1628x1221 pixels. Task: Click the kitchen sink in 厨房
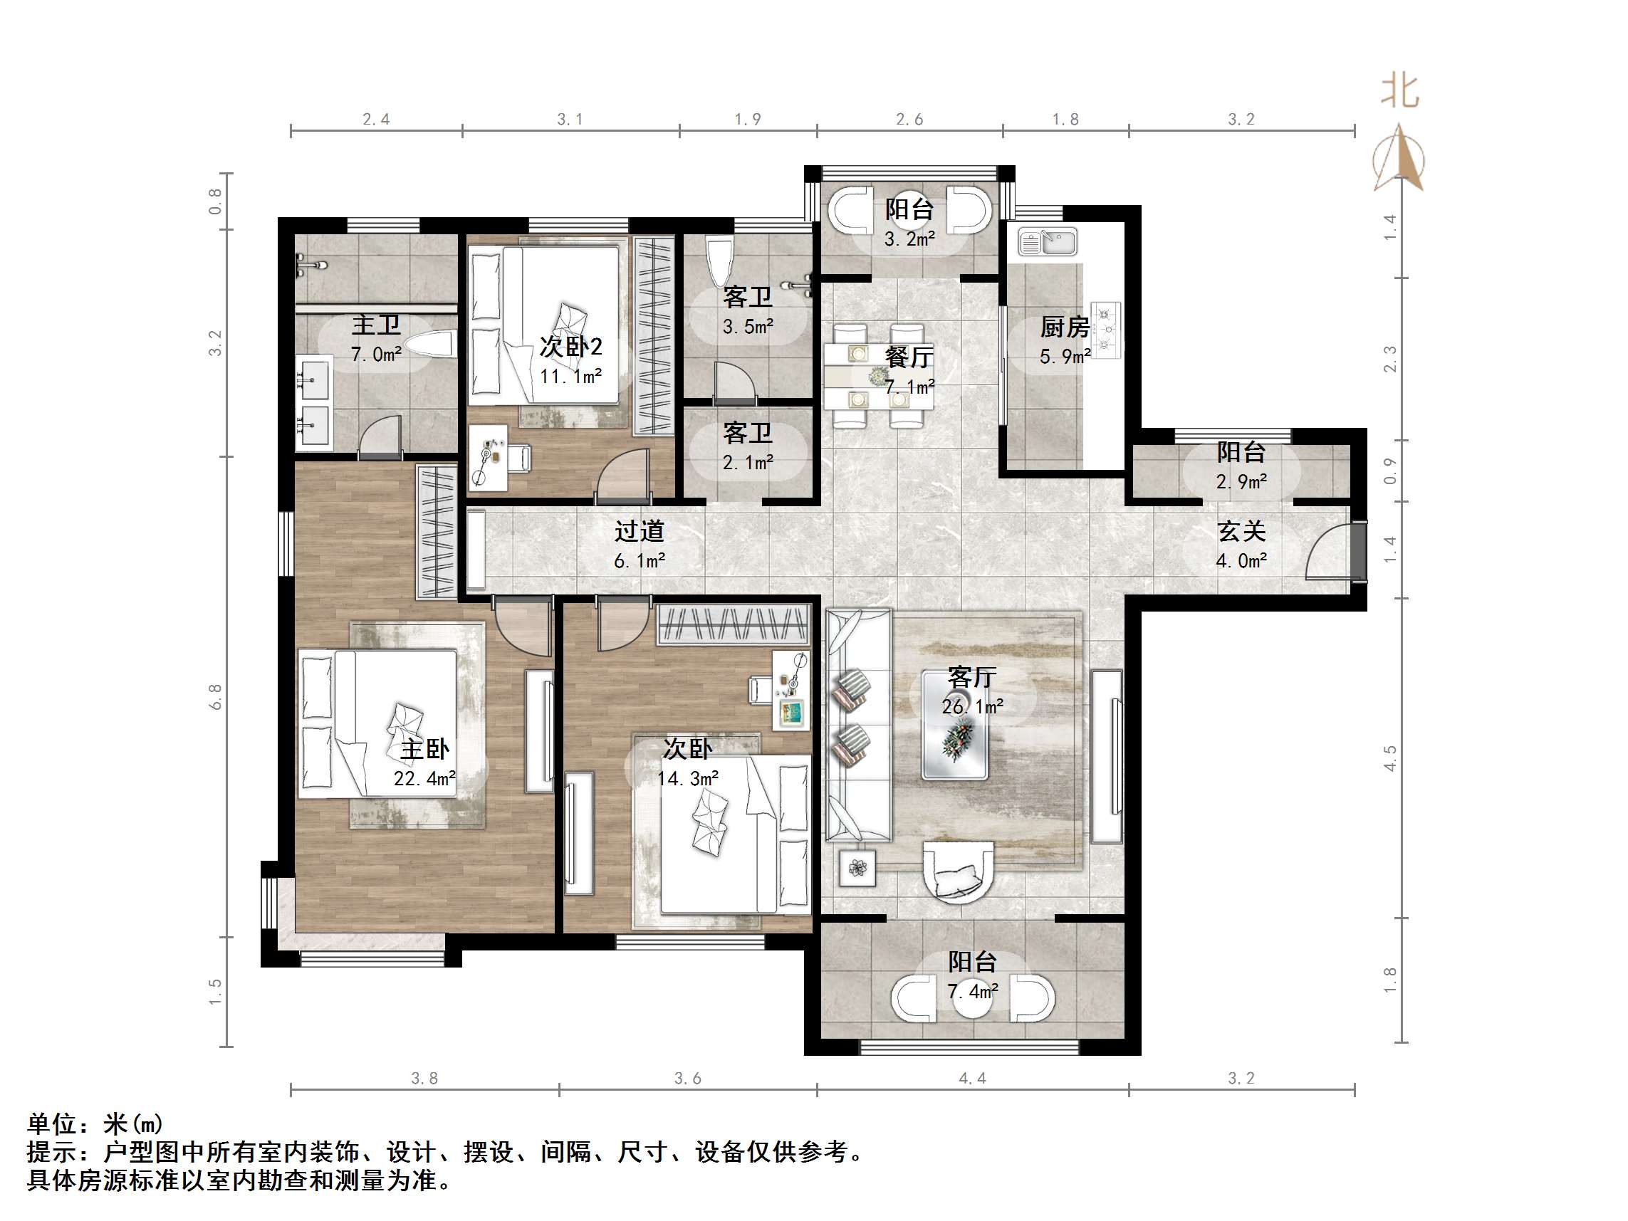click(x=1048, y=241)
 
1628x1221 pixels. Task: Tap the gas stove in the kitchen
click(x=1105, y=329)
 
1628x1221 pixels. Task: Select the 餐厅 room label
click(x=909, y=357)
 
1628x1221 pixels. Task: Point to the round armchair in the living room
click(x=958, y=873)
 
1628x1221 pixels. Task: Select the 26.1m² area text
click(x=972, y=706)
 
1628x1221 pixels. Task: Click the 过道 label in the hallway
click(x=639, y=530)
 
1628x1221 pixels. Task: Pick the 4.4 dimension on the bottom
click(x=972, y=1078)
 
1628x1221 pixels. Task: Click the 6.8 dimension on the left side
click(x=215, y=696)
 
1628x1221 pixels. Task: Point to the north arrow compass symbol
click(x=1399, y=158)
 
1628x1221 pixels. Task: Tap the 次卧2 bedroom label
click(x=570, y=346)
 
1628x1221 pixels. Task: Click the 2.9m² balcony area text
click(x=1241, y=481)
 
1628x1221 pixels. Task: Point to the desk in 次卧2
click(x=488, y=457)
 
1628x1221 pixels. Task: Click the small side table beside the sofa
click(x=857, y=869)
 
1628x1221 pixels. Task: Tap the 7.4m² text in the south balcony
click(x=972, y=991)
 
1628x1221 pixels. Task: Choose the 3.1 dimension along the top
click(x=570, y=119)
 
